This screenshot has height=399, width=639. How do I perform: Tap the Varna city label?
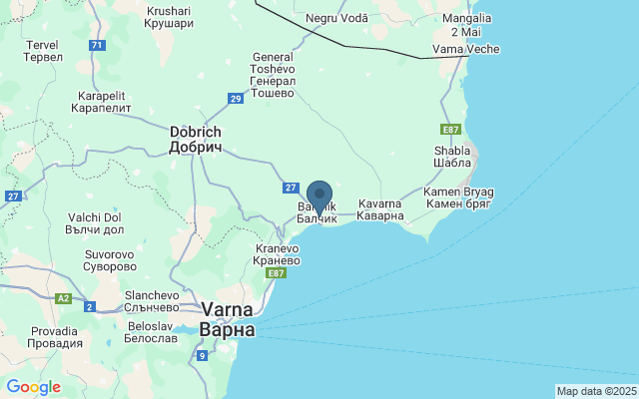point(227,319)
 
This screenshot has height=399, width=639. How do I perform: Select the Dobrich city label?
point(196,140)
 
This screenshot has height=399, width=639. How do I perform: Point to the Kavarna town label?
point(379,208)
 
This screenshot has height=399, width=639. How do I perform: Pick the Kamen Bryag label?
point(458,198)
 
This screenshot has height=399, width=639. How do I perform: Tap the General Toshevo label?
point(273,75)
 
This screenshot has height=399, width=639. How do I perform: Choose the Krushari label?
point(168,16)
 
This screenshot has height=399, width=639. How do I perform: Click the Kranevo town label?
point(277,254)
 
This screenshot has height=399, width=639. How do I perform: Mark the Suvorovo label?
point(110,260)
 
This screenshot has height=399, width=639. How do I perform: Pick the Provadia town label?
point(56,336)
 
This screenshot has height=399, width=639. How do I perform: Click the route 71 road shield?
point(96,46)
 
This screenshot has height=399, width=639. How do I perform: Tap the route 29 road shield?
point(236,98)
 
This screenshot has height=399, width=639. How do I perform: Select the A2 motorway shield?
point(64,297)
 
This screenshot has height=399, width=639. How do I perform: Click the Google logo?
point(33,387)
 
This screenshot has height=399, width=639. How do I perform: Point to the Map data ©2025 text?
point(596,391)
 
